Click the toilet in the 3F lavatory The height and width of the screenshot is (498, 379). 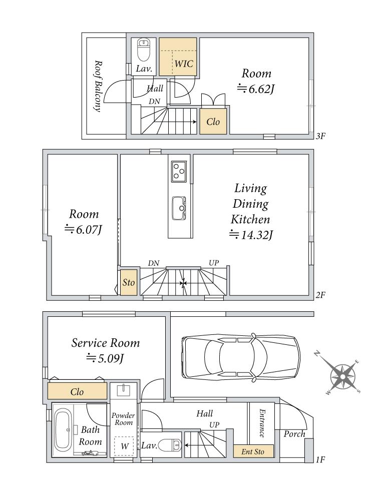(144, 50)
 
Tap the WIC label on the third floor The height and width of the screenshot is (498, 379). (184, 64)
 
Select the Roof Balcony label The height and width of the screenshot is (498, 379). (98, 86)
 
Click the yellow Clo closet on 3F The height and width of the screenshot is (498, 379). (213, 121)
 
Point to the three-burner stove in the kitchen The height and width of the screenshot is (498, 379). (179, 172)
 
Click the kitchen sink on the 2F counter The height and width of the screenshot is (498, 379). (179, 208)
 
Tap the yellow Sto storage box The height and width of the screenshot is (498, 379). (129, 282)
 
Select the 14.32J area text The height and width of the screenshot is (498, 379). (251, 235)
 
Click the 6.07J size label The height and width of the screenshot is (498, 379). (83, 229)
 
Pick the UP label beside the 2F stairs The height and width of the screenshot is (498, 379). (214, 263)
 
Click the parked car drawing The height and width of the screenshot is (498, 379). (240, 357)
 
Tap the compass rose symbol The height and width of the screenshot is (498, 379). (342, 377)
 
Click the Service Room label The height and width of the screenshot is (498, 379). (106, 343)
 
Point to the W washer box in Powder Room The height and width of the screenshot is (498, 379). (124, 446)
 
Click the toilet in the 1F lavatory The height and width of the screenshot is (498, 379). (170, 445)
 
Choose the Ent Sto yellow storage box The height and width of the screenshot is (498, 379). (253, 451)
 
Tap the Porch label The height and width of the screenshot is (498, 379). (294, 434)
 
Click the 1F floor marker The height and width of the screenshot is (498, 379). (320, 459)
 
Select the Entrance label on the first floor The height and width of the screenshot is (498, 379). (262, 423)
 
